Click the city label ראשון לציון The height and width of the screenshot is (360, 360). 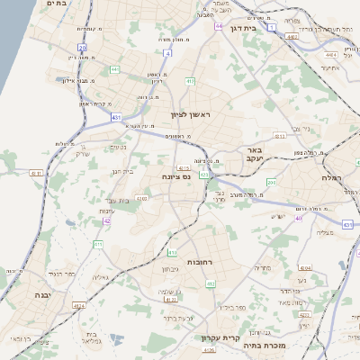tap(188, 114)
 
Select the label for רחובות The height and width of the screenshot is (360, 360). tap(197, 261)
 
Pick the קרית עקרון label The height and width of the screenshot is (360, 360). tap(217, 337)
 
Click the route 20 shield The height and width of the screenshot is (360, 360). tap(82, 47)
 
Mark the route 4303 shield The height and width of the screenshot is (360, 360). tap(141, 198)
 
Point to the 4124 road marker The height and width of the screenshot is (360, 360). tap(79, 306)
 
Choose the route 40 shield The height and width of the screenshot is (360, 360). tap(299, 217)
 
